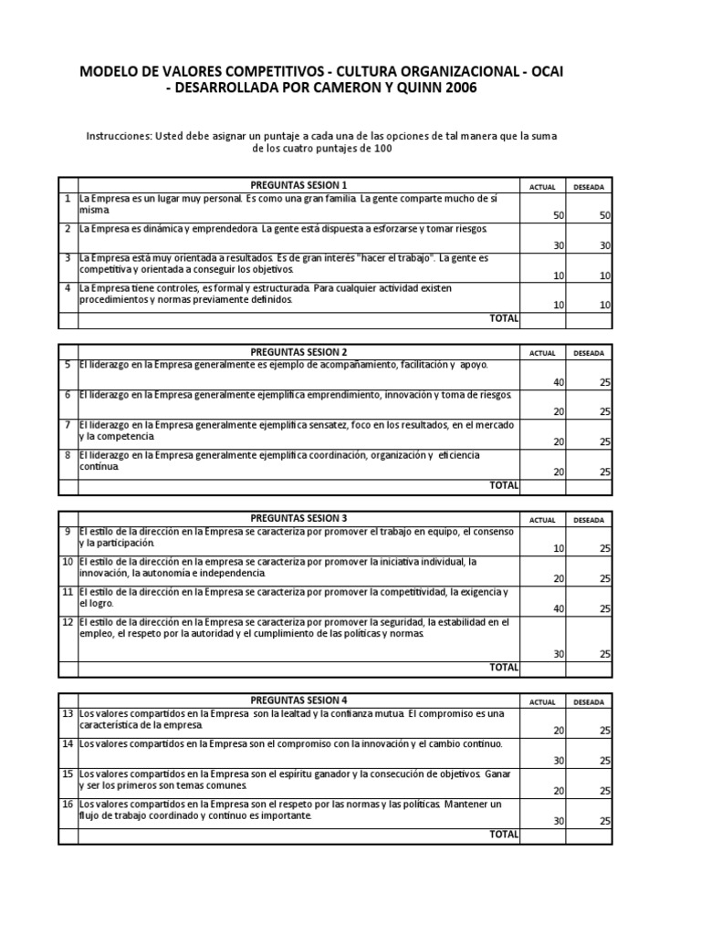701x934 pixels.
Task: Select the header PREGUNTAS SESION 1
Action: tap(298, 185)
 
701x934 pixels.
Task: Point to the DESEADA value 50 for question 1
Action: tap(604, 214)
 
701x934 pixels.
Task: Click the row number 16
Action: tap(68, 804)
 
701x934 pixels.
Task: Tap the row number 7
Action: tap(68, 425)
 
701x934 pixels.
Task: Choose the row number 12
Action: tap(68, 622)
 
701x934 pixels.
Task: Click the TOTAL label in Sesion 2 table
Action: tap(504, 485)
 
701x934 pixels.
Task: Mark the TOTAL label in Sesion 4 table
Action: tap(504, 835)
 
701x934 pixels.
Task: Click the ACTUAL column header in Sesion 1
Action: tap(542, 186)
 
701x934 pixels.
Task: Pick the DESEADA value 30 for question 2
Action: tap(604, 245)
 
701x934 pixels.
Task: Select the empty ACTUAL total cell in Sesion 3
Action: tap(542, 668)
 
